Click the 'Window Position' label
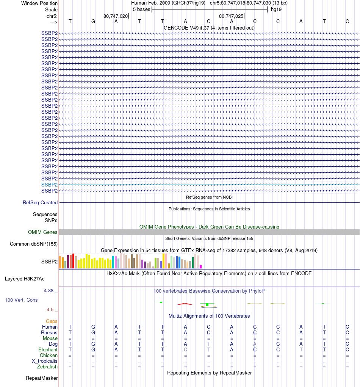39,3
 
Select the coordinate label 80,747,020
116,16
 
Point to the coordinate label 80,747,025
231,16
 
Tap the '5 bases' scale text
141,9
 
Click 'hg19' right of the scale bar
276,9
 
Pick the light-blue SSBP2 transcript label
49,185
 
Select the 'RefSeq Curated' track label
40,203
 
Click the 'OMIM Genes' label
43,232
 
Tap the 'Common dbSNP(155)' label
34,244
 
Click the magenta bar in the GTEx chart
201,266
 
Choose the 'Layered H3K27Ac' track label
25,279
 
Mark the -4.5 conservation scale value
50,309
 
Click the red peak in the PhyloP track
185,304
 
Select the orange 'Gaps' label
52,321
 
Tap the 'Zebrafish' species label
47,367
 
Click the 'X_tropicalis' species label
45,361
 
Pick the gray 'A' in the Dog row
255,344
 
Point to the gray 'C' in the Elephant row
185,350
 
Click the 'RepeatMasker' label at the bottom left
42,378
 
